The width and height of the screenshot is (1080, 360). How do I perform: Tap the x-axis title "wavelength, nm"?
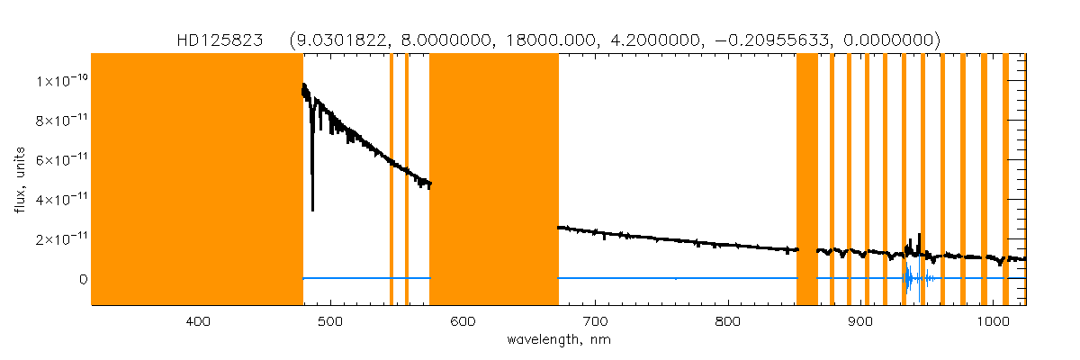pyautogui.click(x=559, y=340)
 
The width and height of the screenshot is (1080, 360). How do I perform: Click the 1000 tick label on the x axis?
pyautogui.click(x=990, y=322)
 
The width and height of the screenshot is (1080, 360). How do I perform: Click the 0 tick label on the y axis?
pyautogui.click(x=82, y=279)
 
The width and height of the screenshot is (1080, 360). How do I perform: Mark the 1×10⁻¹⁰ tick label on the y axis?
pyautogui.click(x=62, y=81)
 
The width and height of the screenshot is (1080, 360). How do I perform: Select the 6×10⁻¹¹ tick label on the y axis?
pyautogui.click(x=62, y=160)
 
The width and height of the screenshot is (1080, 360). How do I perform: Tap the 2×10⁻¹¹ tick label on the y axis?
pyautogui.click(x=62, y=239)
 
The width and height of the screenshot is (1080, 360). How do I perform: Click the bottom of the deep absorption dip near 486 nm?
pyautogui.click(x=312, y=209)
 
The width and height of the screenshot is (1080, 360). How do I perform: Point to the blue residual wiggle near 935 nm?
pyautogui.click(x=908, y=279)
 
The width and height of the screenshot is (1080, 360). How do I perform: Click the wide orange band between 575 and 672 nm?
pyautogui.click(x=494, y=180)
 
